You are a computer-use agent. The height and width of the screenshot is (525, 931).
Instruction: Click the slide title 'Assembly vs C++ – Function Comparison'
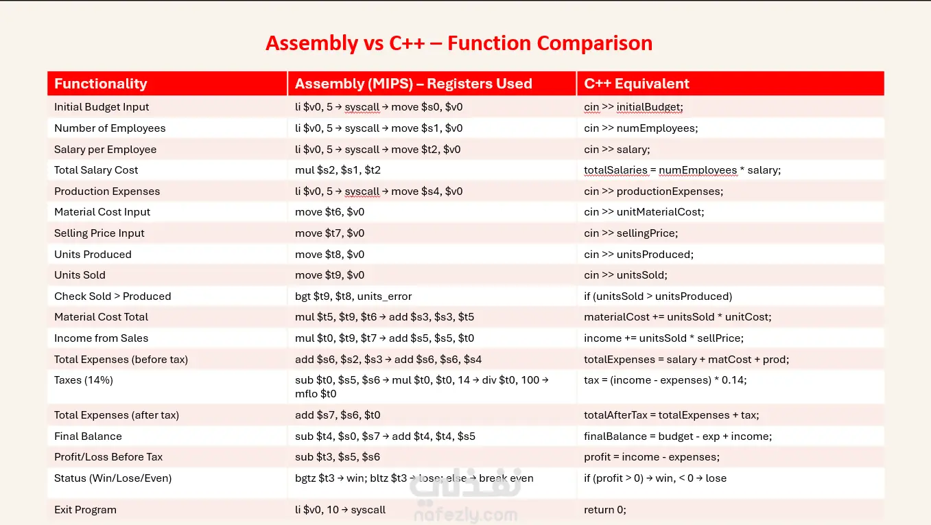[459, 43]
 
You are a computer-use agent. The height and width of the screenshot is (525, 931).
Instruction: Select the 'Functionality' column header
[101, 84]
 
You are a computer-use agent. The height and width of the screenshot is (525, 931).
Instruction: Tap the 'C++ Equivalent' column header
[636, 84]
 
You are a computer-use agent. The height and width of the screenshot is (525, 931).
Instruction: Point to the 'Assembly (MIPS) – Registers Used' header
[413, 84]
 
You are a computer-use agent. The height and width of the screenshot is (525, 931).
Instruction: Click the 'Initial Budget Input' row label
[102, 107]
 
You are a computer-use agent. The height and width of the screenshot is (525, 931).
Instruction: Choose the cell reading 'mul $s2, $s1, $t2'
[338, 170]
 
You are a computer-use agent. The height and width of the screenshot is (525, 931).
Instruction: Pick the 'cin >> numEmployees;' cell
[641, 128]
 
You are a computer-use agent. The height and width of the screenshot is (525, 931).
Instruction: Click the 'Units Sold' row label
[80, 275]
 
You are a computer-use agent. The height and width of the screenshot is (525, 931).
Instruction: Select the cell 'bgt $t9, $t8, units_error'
[353, 296]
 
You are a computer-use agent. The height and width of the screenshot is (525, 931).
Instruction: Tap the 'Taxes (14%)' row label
[84, 380]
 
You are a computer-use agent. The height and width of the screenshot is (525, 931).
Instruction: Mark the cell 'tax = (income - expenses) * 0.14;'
[665, 380]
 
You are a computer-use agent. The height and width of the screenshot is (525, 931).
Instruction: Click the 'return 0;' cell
[604, 510]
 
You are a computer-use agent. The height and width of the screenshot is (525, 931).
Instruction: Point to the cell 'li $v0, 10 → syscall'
[340, 510]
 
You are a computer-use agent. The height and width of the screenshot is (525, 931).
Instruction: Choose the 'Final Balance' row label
[88, 436]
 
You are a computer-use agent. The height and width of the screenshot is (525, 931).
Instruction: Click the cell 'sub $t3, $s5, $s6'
[337, 457]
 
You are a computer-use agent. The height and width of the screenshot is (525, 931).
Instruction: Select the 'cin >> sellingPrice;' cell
[631, 233]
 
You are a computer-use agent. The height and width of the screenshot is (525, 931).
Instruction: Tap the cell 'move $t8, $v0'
[329, 255]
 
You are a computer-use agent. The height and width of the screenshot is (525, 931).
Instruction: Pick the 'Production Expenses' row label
[107, 191]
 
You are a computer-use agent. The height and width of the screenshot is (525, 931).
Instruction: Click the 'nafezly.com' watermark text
[465, 515]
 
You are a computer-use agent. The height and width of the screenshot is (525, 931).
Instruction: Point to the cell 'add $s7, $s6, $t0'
[338, 415]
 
